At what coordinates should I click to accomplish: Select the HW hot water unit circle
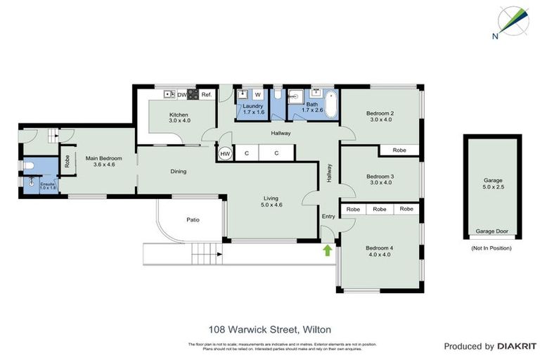225,153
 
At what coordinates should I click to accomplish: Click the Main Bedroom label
104,158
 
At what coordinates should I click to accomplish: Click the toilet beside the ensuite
27,166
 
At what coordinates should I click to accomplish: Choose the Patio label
193,220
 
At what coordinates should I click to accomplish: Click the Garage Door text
491,231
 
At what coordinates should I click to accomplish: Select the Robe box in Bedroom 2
399,150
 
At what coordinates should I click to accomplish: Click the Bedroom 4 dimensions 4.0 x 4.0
380,255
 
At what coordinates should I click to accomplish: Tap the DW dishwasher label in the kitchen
181,95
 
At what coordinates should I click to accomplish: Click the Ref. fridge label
207,95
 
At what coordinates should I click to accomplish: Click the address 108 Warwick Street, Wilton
270,328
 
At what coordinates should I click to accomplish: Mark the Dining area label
178,171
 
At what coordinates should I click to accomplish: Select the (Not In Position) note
491,248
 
